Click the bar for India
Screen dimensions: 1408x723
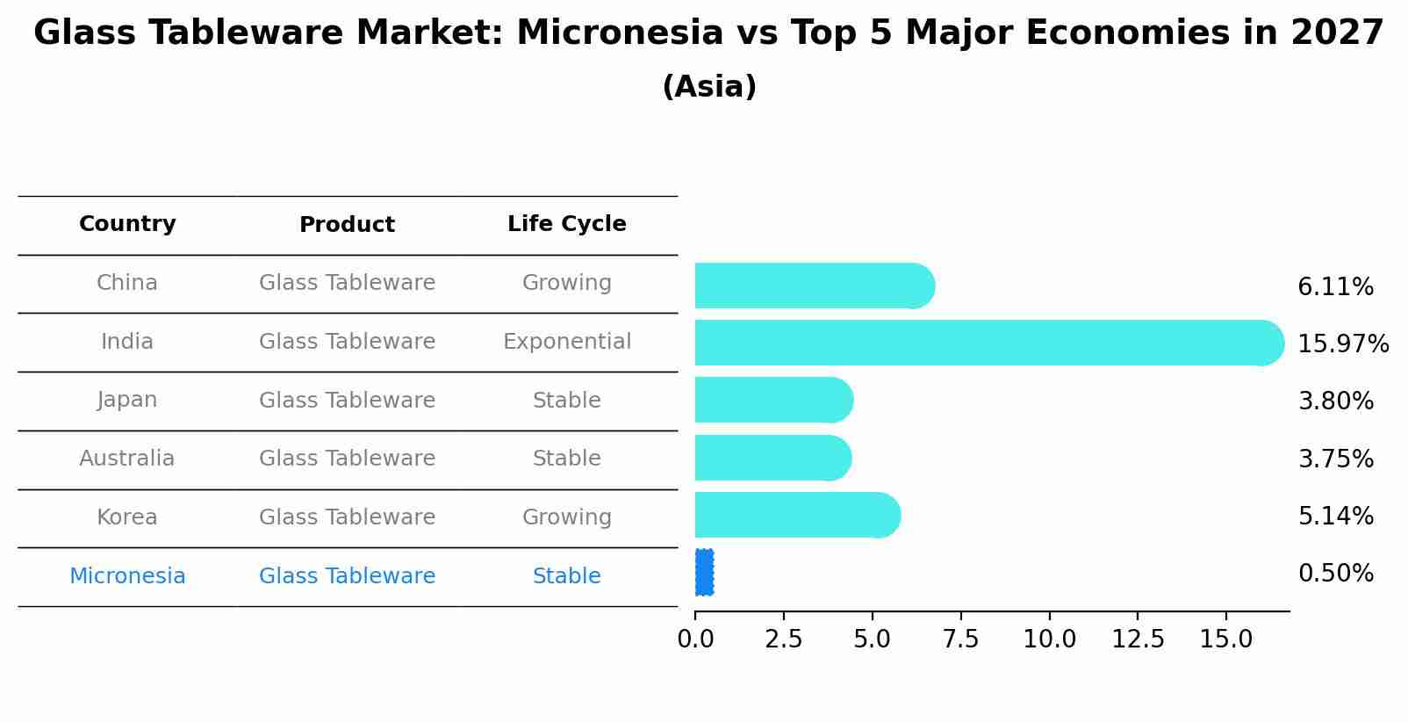tap(989, 343)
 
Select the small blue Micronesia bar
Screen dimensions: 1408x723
tap(705, 572)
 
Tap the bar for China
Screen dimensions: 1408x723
tap(815, 286)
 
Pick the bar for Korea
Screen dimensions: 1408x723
tap(798, 515)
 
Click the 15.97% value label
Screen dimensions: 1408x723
tap(1343, 343)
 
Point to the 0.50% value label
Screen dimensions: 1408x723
tap(1336, 574)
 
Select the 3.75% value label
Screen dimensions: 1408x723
tap(1336, 459)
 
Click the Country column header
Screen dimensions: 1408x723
tap(127, 224)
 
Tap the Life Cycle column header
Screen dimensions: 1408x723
tap(567, 224)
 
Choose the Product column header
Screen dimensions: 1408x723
tap(347, 224)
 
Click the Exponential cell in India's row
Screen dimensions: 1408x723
tap(567, 342)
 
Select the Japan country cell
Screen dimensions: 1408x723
tap(127, 401)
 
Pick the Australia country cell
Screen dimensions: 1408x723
tap(127, 458)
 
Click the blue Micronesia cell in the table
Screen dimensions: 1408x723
tap(127, 575)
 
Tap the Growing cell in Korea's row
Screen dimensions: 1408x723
tap(567, 517)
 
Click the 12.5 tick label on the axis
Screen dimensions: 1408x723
tap(1138, 640)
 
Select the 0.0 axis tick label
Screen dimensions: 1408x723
tap(695, 640)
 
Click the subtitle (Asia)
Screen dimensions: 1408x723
tap(709, 86)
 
